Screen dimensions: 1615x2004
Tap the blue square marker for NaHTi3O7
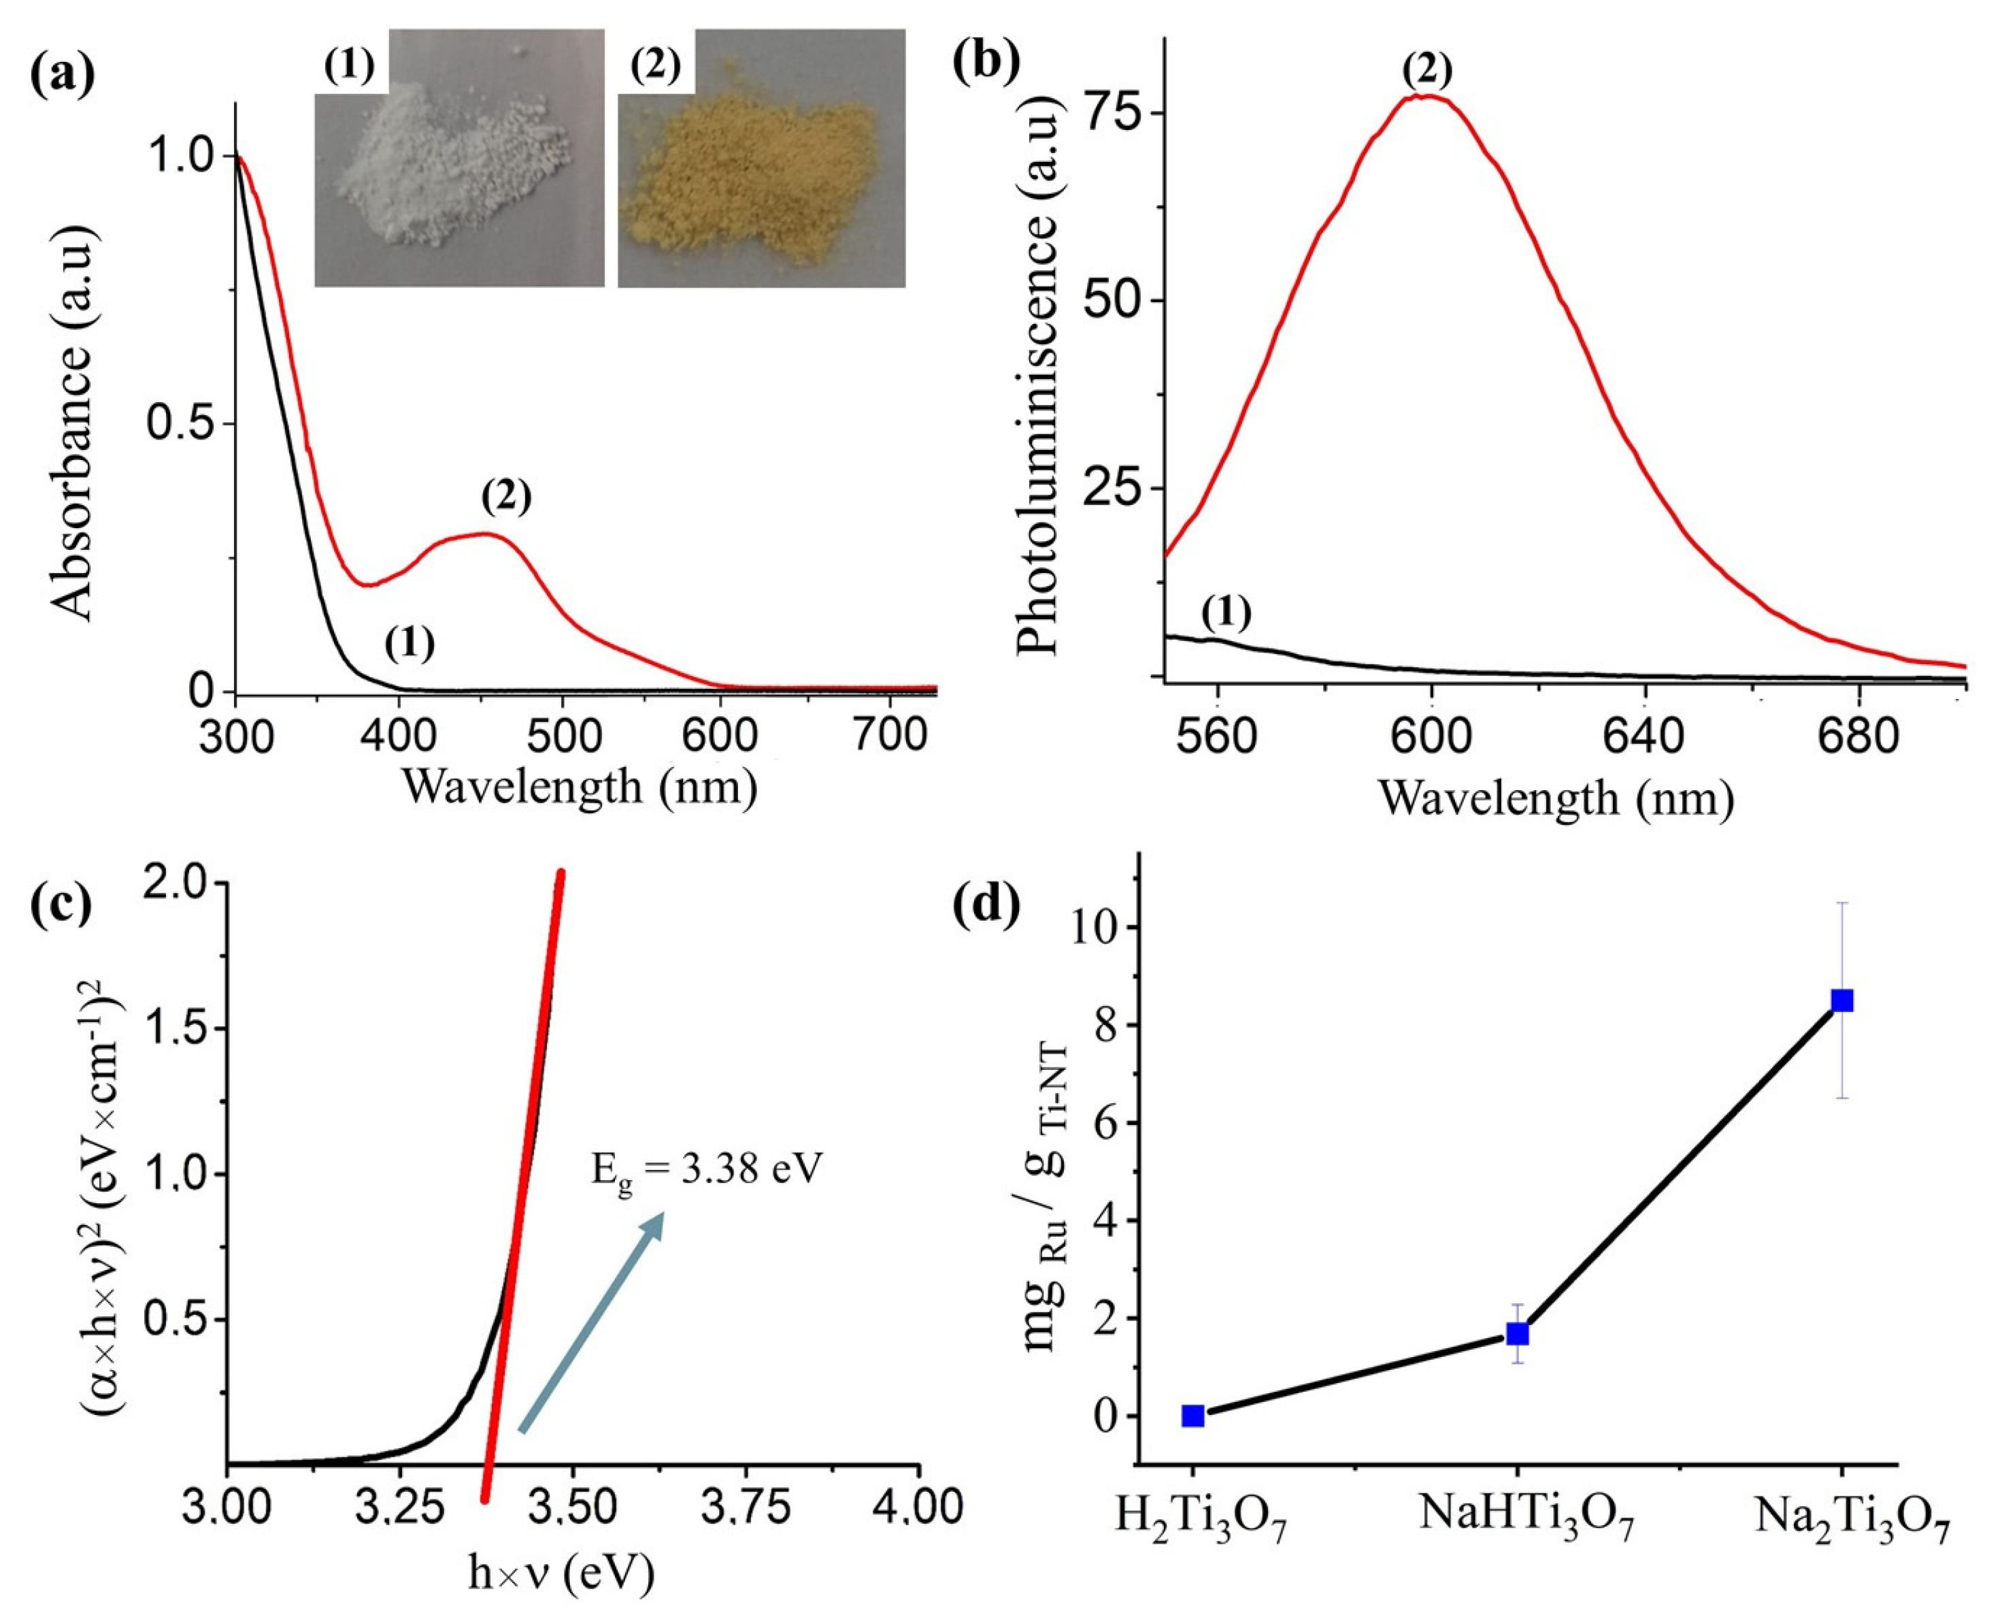[x=1518, y=1334]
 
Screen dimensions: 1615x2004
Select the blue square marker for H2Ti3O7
[x=1193, y=1416]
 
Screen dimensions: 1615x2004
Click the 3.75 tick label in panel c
[x=745, y=1505]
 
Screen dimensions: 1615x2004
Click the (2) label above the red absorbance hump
[x=506, y=500]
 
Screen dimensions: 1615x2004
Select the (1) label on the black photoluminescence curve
[x=1226, y=613]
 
